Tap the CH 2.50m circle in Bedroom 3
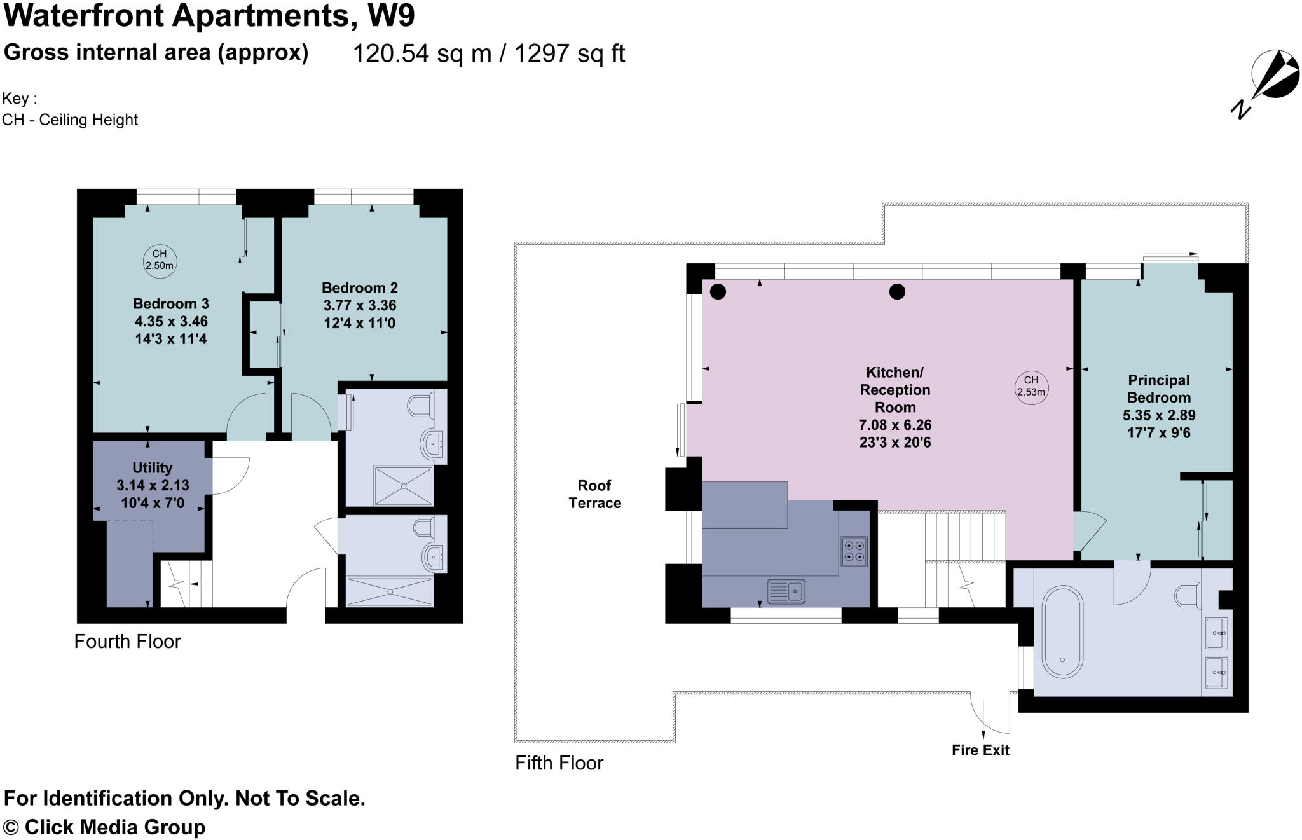[159, 260]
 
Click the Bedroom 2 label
[359, 288]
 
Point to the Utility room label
[152, 468]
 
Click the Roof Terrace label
[594, 494]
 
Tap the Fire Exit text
[980, 750]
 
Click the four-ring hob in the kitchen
[854, 551]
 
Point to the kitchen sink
[786, 592]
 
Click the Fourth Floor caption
[127, 641]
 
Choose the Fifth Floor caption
[559, 762]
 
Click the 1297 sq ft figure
[570, 53]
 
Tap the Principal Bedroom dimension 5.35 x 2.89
[1158, 415]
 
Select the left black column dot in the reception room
[718, 292]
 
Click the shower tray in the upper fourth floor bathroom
[403, 486]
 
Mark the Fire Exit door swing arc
[989, 712]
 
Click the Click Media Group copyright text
[105, 827]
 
